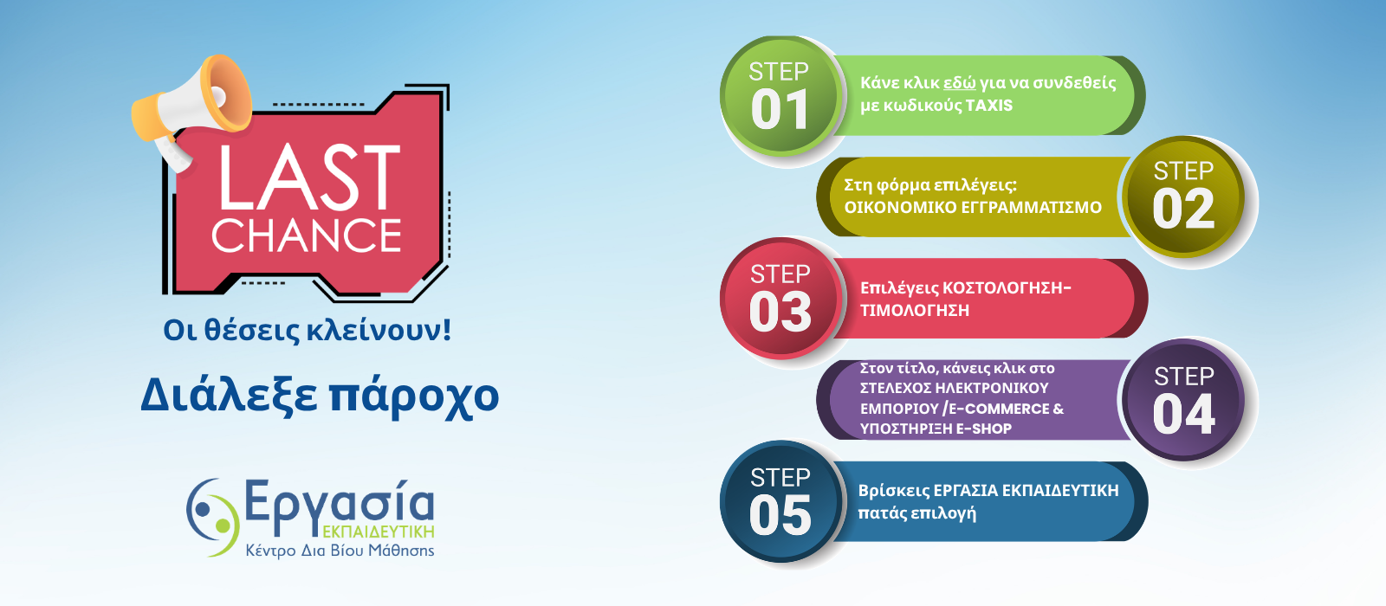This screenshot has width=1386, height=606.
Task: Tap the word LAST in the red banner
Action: [x=308, y=177]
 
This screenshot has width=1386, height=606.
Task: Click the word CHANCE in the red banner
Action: [x=307, y=235]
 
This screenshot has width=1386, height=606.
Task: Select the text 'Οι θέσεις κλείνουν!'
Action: [x=307, y=330]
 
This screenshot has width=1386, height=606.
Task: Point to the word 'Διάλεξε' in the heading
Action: [x=229, y=394]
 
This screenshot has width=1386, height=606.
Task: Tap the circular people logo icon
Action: [x=212, y=517]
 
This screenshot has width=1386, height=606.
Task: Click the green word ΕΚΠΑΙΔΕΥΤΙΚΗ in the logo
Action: [x=378, y=532]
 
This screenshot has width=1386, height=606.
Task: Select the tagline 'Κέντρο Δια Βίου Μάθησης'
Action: [x=340, y=550]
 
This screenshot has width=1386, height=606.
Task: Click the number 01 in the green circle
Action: [x=780, y=109]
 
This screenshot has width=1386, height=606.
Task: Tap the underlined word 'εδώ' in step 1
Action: [x=959, y=83]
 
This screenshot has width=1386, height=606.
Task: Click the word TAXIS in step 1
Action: [x=988, y=105]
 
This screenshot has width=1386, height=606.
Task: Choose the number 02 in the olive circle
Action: [x=1183, y=209]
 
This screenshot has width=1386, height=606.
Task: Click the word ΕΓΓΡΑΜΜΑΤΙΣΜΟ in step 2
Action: [x=1032, y=207]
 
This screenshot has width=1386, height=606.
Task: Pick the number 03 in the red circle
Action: [x=780, y=312]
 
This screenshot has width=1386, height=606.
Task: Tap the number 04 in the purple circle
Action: [x=1184, y=415]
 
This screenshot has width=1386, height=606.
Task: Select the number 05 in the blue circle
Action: [x=780, y=515]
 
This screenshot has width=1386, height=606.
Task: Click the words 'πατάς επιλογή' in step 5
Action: [x=917, y=513]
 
